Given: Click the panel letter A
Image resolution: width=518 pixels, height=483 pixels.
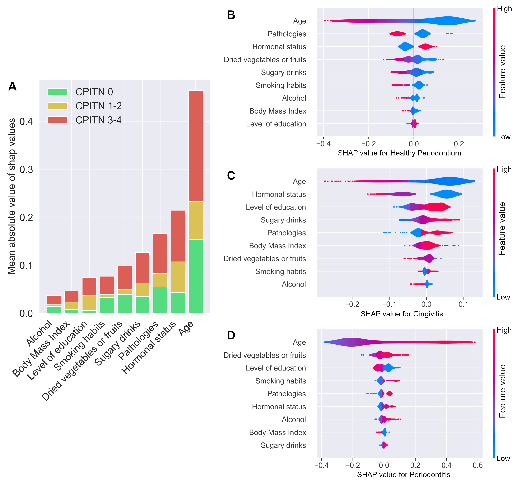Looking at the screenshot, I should click(12, 86).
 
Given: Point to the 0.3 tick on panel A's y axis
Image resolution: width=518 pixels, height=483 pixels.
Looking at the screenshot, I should click(26, 169).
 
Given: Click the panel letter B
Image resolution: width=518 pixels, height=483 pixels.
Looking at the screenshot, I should click(231, 15).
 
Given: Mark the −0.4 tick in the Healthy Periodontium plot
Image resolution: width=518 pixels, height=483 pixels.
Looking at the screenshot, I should click(323, 144).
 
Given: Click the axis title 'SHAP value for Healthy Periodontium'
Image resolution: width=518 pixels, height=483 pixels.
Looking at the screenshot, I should click(399, 153).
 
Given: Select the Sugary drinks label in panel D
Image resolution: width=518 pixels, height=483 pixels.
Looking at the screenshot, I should click(283, 445).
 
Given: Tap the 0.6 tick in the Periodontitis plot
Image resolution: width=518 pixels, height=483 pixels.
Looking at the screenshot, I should click(477, 465).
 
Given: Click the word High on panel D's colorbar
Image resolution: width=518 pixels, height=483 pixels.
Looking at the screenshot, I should click(504, 330).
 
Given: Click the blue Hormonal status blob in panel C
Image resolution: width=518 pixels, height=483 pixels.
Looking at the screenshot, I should click(446, 194).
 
